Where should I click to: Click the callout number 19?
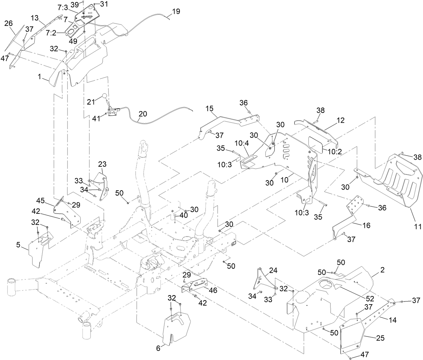pos(176,11)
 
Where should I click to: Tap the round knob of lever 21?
pos(105,96)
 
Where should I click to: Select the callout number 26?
pos(9,23)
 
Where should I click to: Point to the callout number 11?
pos(417,227)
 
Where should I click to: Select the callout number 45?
pos(40,201)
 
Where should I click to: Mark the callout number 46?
pos(213,290)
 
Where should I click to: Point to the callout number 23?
pos(102,164)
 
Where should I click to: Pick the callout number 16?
pos(366,225)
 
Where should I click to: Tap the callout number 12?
pos(340,120)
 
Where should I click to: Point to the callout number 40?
pos(184,215)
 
